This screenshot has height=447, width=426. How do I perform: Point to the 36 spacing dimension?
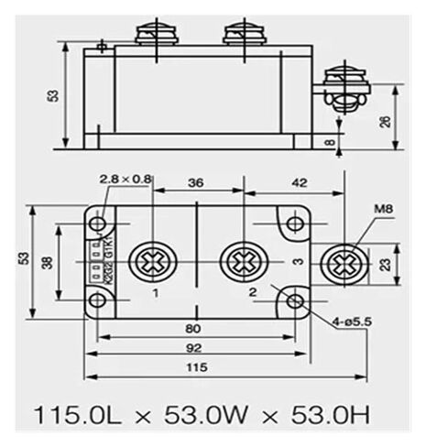click(195, 182)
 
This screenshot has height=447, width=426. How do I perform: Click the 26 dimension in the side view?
click(385, 122)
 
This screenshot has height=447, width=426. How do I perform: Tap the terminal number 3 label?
click(297, 263)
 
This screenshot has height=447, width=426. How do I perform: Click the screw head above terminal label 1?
click(149, 262)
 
